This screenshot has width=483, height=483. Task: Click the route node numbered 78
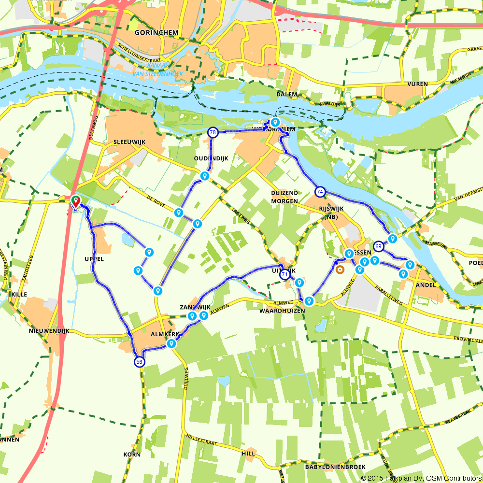tap(213, 132)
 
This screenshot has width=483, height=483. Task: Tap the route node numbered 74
tap(320, 192)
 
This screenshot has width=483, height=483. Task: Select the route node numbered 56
tap(139, 362)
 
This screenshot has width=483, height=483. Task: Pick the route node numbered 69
tap(378, 246)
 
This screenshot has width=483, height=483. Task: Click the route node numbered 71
tap(285, 274)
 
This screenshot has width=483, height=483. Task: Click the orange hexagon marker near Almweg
tap(340, 270)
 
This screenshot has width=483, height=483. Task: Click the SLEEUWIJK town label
tap(128, 143)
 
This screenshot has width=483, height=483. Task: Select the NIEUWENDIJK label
tap(49, 331)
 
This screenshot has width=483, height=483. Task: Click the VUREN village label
tap(417, 84)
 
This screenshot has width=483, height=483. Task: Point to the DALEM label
tap(287, 95)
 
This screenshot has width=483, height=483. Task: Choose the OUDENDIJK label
tap(211, 158)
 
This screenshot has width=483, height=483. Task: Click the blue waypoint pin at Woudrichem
tap(275, 122)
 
